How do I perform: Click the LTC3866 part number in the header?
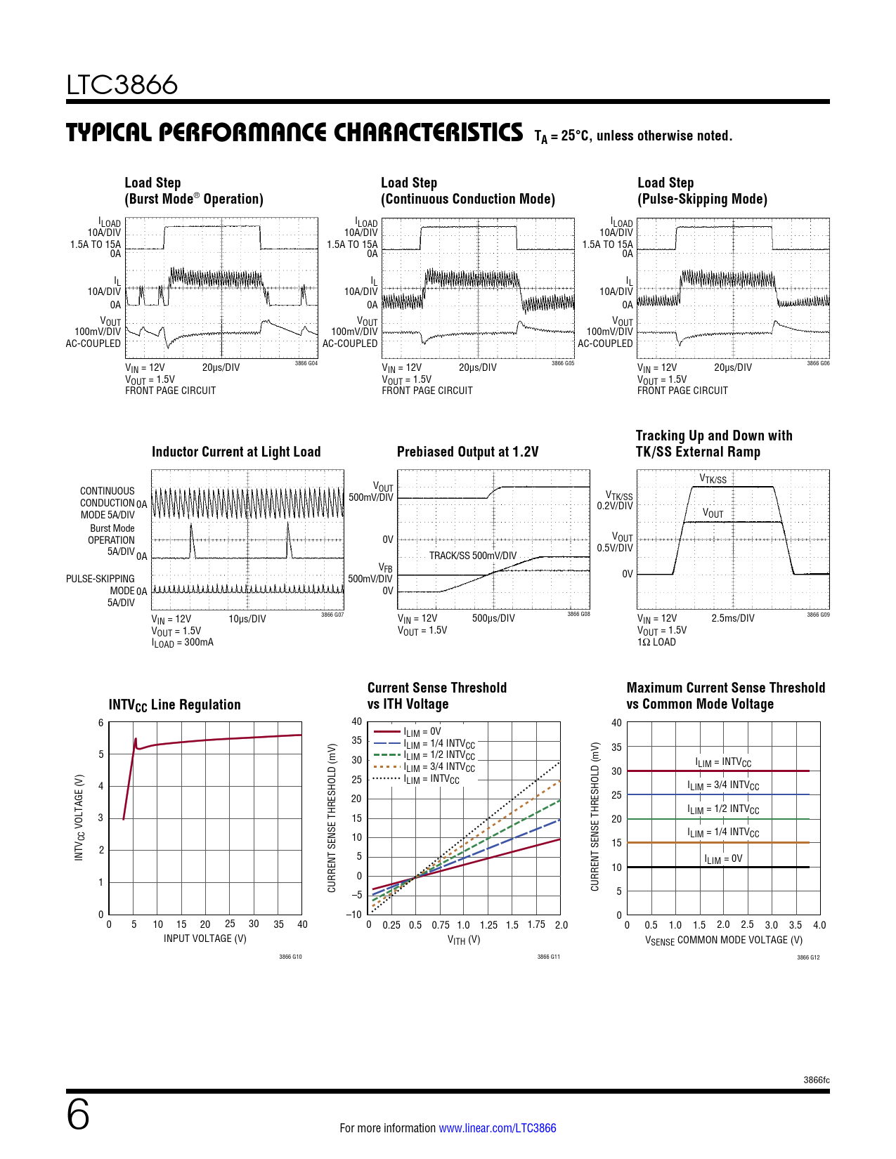pyautogui.click(x=122, y=85)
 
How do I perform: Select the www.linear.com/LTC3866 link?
pyautogui.click(x=497, y=1128)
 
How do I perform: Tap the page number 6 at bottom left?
pyautogui.click(x=78, y=1115)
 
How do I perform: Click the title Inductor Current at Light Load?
pyautogui.click(x=236, y=452)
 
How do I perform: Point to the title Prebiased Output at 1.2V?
pyautogui.click(x=467, y=452)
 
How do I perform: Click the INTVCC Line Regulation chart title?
pyautogui.click(x=174, y=705)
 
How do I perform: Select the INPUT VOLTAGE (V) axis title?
pyautogui.click(x=204, y=938)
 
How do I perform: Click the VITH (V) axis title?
pyautogui.click(x=464, y=939)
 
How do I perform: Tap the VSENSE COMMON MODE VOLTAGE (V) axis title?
pyautogui.click(x=723, y=940)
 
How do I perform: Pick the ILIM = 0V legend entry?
pyautogui.click(x=422, y=732)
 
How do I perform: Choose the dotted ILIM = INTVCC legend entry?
pyautogui.click(x=431, y=779)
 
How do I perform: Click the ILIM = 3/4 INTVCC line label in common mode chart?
pyautogui.click(x=723, y=785)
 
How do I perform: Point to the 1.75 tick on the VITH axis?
pyautogui.click(x=536, y=924)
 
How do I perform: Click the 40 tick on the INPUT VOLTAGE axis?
pyautogui.click(x=302, y=924)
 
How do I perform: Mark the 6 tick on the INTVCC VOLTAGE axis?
pyautogui.click(x=101, y=723)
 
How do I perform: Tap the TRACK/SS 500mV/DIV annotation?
pyautogui.click(x=472, y=556)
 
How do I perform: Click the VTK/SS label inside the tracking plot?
pyautogui.click(x=713, y=479)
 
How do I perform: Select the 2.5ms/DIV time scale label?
pyautogui.click(x=732, y=618)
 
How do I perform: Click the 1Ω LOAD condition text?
pyautogui.click(x=656, y=642)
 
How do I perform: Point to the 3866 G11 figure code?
pyautogui.click(x=548, y=957)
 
